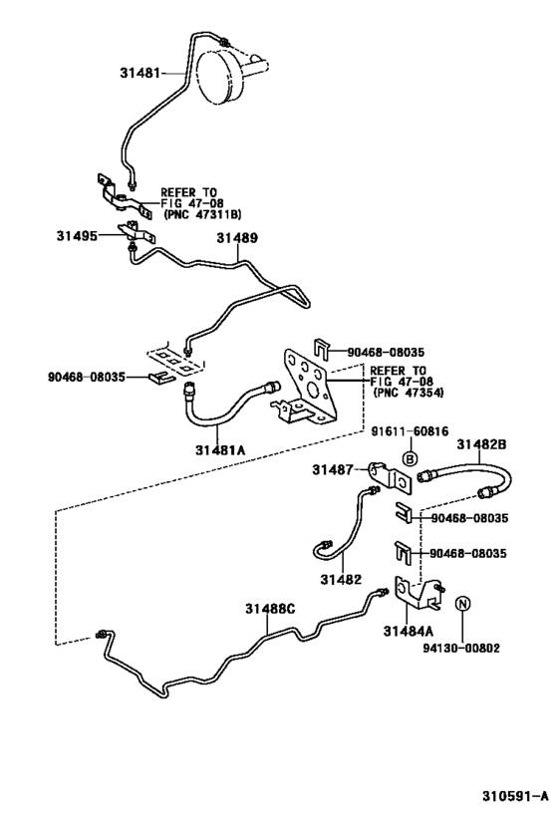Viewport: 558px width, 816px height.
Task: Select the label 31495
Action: [76, 236]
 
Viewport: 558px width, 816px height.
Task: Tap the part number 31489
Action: [237, 239]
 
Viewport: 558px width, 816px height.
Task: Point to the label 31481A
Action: [220, 449]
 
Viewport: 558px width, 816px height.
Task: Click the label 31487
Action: [331, 468]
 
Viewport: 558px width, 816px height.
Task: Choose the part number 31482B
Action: [482, 444]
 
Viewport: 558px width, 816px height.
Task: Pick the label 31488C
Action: [271, 608]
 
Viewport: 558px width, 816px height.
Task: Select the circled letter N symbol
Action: [462, 604]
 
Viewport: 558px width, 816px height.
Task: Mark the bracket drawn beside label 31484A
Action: [418, 593]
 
